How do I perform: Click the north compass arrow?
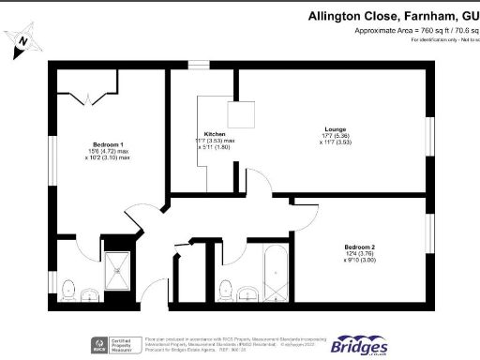pos(22,42)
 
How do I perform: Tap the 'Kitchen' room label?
pos(215,134)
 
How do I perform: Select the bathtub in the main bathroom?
pos(276,272)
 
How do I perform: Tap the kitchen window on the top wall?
pos(199,65)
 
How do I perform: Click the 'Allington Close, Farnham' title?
pos(394,16)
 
